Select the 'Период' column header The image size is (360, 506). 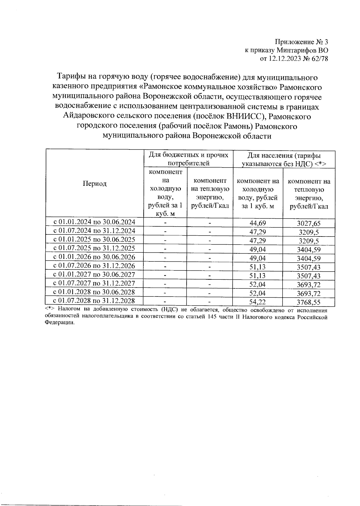pos(95,184)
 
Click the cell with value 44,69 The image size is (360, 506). pos(258,223)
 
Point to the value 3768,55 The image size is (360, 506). pos(309,302)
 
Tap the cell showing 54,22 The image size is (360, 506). pos(258,302)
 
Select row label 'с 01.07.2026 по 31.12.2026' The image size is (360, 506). pos(94,266)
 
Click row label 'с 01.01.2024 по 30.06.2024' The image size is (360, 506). pos(94,222)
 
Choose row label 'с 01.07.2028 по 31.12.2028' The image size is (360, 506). pos(94,301)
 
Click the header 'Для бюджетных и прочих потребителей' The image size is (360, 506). pos(188,159)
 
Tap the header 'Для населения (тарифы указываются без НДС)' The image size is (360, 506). pos(284,159)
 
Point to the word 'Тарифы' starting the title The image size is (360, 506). pos(71,77)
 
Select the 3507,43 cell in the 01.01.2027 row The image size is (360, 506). pos(309,276)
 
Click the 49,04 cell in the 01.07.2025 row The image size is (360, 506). pos(258,249)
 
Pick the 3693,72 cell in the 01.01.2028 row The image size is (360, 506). pos(309,293)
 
